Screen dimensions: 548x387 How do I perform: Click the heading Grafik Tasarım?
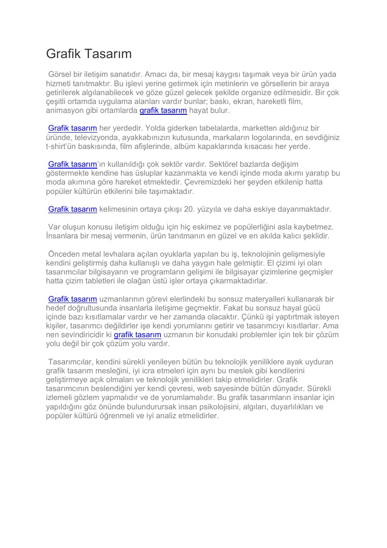[x=89, y=54]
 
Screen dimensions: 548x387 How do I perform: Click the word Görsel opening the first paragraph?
[x=60, y=74]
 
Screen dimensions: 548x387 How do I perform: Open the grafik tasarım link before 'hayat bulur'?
[x=163, y=111]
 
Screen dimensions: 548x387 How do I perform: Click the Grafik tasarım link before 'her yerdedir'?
[x=73, y=128]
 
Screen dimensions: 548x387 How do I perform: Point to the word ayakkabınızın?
[x=143, y=137]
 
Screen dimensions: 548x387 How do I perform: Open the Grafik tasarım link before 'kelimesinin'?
[x=73, y=209]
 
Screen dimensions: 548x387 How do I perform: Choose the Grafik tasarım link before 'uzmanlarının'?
[x=73, y=299]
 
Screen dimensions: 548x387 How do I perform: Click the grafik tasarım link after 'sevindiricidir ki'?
[x=138, y=334]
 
